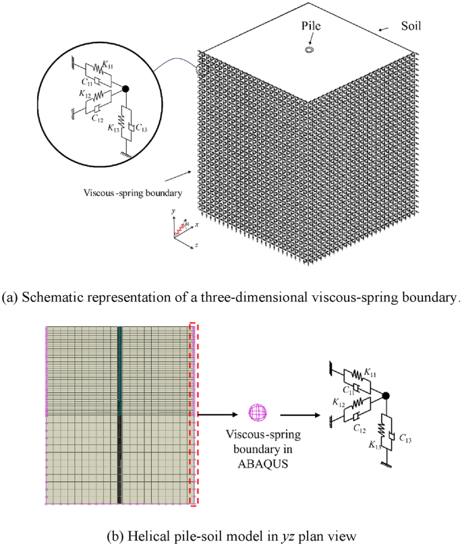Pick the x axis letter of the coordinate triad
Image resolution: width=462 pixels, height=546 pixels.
coord(196,224)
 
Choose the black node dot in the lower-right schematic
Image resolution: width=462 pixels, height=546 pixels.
coord(387,396)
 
